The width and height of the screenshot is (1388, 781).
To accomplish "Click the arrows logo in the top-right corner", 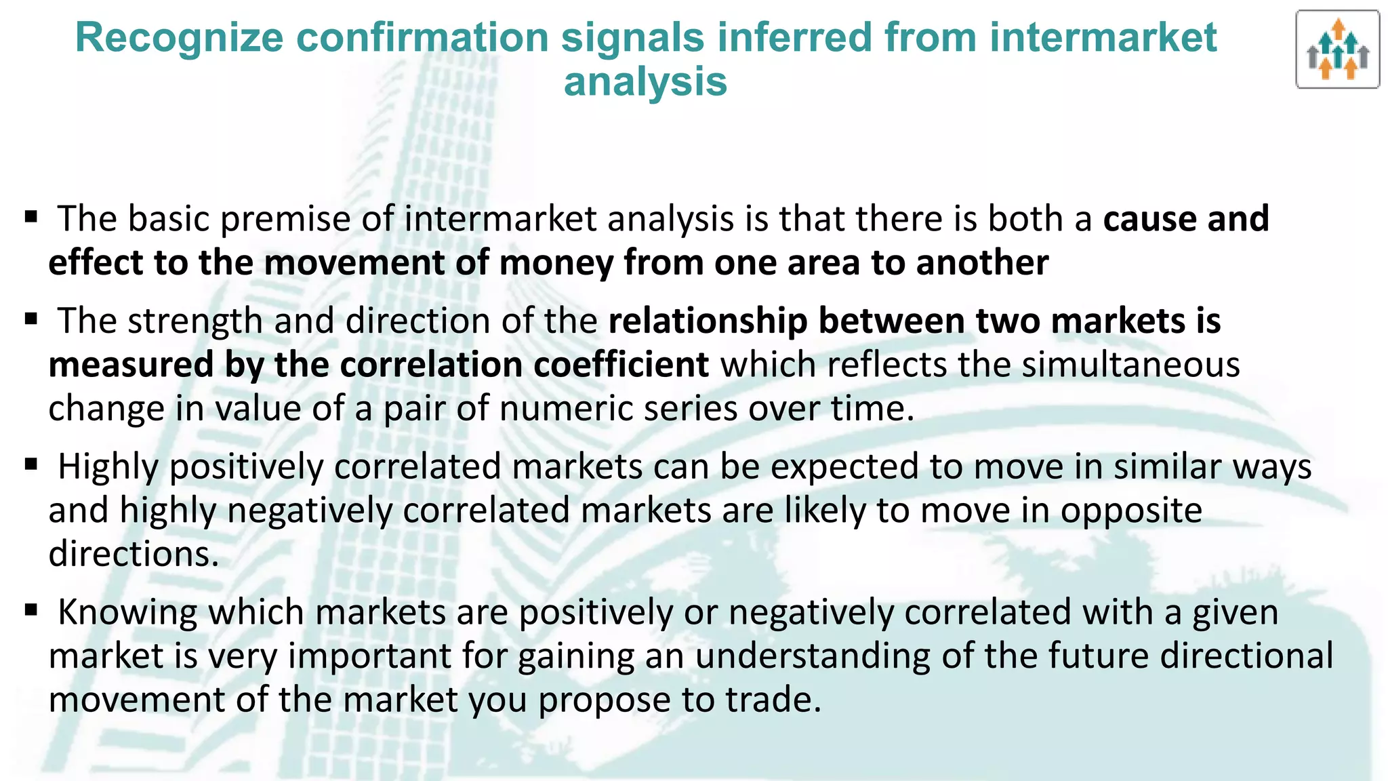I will [1337, 49].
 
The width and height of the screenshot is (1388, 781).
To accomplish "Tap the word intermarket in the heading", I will [1103, 37].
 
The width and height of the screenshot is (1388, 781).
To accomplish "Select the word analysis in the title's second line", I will [645, 82].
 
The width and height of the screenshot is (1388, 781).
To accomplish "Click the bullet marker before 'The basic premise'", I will [30, 217].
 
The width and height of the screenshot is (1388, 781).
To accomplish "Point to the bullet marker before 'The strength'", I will [30, 319].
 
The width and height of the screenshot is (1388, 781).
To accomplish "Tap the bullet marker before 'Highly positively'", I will [30, 465].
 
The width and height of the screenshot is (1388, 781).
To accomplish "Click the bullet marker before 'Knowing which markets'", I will [30, 610].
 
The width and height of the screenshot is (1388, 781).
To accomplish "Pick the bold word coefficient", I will [621, 365].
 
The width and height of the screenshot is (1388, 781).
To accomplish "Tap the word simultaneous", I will [1130, 365].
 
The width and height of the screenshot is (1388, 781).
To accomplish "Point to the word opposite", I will [1131, 510].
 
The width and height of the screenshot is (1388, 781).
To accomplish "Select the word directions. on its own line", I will [134, 554].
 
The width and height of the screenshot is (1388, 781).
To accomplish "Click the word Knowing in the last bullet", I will [127, 612].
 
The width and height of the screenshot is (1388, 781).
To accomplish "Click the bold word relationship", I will [708, 321].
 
